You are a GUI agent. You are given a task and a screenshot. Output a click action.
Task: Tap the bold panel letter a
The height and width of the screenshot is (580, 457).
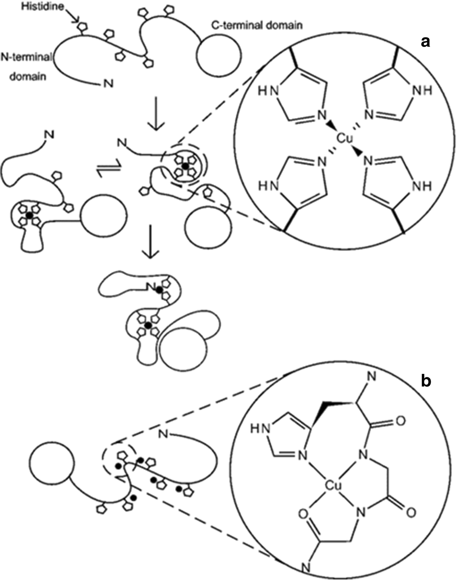click(x=425, y=42)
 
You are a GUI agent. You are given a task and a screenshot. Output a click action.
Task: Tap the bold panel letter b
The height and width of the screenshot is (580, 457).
click(x=426, y=382)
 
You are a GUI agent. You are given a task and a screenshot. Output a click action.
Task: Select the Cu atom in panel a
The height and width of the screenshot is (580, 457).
click(x=344, y=139)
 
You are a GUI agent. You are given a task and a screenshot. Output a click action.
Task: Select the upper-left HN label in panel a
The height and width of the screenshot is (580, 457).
click(x=268, y=91)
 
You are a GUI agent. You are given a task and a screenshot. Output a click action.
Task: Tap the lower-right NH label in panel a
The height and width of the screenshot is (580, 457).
click(x=422, y=186)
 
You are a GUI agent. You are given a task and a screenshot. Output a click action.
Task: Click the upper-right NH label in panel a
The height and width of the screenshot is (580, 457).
click(x=422, y=91)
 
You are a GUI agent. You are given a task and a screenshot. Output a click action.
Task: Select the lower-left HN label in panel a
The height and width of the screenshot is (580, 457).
click(x=268, y=186)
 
